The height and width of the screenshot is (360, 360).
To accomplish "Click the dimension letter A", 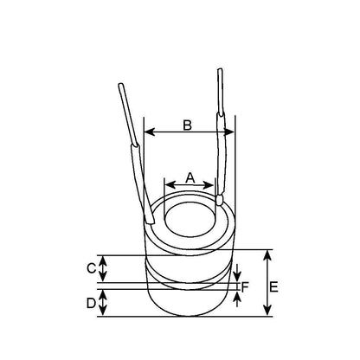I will (190, 177).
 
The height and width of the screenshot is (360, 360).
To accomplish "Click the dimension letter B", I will (187, 125).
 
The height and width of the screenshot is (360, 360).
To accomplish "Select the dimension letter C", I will (91, 268).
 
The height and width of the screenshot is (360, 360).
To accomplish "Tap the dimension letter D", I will (91, 304).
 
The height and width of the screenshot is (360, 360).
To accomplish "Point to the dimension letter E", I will (274, 286).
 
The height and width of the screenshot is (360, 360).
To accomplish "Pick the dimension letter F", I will (246, 286).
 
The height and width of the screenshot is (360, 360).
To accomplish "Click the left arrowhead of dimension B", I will (147, 132).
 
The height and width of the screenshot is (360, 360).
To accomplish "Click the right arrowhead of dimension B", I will (232, 132).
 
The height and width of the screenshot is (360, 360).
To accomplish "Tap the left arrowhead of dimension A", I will (168, 183).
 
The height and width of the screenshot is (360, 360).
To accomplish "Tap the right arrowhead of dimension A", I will (211, 183).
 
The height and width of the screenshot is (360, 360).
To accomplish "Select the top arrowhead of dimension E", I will (265, 254).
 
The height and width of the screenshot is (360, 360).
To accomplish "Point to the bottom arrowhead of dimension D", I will (104, 314).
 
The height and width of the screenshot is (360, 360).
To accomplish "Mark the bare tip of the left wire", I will (119, 87).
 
